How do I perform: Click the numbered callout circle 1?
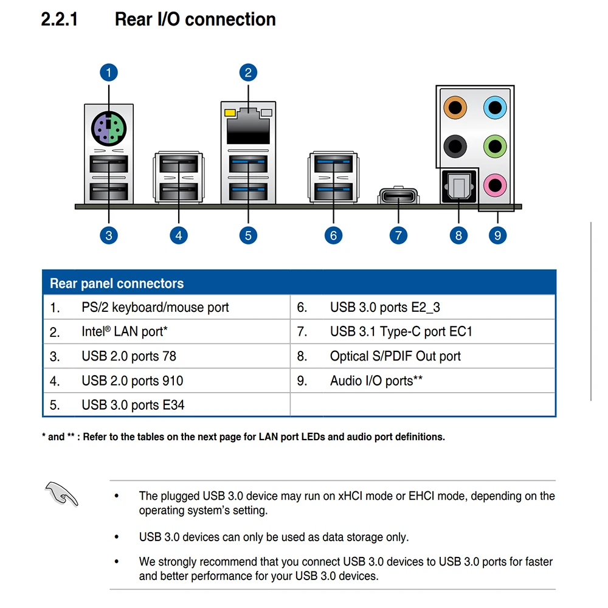108,73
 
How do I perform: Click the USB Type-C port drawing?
398,197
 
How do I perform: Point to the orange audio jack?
455,108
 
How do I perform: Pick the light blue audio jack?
494,108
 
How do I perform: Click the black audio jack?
455,145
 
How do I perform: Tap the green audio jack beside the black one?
494,145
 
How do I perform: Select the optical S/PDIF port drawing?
458,187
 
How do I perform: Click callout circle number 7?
398,235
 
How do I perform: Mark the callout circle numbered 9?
497,235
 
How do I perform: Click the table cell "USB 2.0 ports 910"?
132,381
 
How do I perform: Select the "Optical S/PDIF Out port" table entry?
395,356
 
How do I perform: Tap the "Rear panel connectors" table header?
117,283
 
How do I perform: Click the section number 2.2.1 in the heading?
59,19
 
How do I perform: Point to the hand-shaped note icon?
61,493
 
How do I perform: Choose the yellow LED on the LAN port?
229,112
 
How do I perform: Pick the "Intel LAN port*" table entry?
125,332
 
